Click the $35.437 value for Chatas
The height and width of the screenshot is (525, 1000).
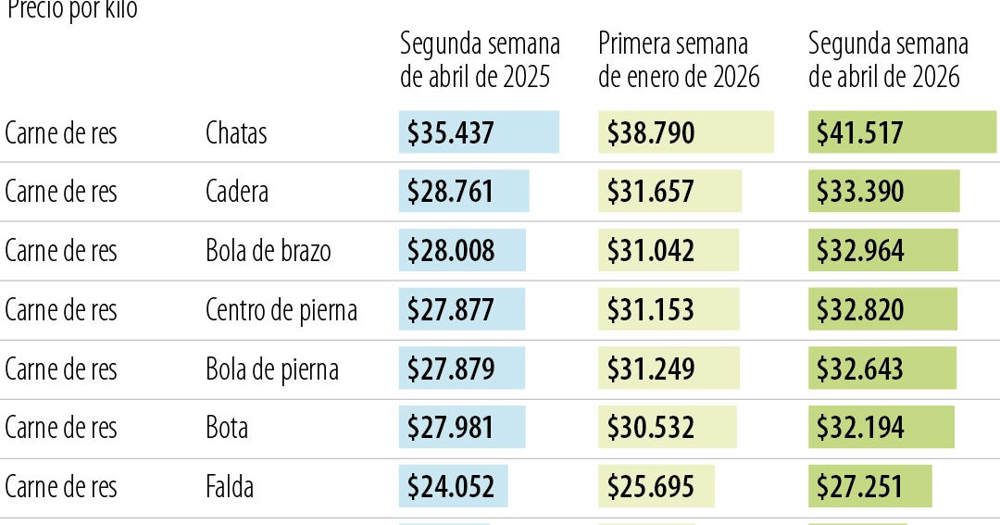click(451, 133)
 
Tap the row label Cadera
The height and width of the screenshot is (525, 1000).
click(237, 192)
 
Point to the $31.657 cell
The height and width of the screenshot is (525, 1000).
click(651, 192)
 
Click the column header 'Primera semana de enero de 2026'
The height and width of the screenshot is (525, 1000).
click(679, 60)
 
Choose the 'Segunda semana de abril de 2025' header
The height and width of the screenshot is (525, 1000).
click(480, 60)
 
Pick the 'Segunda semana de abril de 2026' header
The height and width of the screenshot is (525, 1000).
click(888, 60)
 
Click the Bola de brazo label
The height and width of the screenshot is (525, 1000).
click(268, 251)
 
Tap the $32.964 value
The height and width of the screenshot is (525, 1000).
click(860, 251)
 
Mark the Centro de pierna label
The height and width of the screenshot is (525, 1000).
click(281, 310)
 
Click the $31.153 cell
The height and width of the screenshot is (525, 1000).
click(651, 310)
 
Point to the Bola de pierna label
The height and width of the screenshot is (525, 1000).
click(271, 369)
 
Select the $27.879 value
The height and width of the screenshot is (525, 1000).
click(451, 369)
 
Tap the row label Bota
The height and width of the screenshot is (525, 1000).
click(227, 428)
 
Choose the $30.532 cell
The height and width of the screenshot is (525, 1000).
click(651, 428)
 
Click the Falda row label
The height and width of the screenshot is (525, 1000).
click(229, 487)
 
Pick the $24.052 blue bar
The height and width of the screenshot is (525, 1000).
click(451, 487)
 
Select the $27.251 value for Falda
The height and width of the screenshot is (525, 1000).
click(860, 487)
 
